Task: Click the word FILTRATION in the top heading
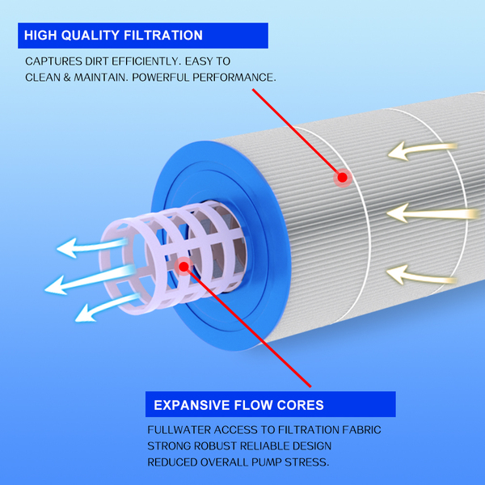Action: (163, 36)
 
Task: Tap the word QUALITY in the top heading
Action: (91, 36)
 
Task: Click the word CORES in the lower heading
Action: (301, 405)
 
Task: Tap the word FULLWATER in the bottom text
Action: (179, 430)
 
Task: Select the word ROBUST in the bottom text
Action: (215, 446)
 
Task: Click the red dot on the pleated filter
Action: (343, 178)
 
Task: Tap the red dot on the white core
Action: (183, 266)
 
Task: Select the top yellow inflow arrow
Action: (423, 150)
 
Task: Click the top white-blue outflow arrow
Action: (92, 247)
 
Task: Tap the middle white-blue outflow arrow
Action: (90, 280)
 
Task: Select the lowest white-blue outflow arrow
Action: (108, 307)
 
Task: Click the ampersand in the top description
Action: (67, 78)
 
